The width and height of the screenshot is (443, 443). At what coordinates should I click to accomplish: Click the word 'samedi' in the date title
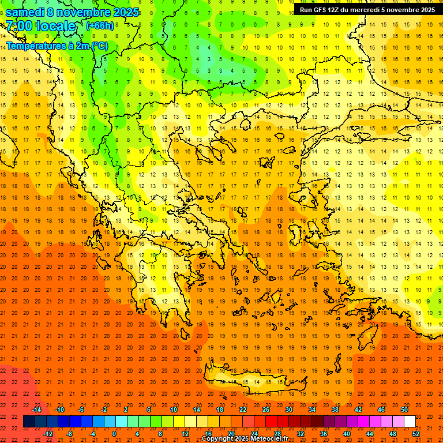click(25, 12)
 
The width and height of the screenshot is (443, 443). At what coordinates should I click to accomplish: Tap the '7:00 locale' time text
click(40, 26)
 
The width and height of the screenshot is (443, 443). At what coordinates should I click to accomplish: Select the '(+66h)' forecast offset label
click(100, 26)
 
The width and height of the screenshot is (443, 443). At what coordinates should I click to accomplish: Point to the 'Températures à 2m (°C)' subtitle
click(57, 46)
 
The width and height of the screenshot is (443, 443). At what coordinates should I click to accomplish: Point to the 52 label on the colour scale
click(416, 434)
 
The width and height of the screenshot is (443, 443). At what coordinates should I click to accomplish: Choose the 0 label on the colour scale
click(114, 434)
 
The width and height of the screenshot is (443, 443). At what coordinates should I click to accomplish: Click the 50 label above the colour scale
click(404, 410)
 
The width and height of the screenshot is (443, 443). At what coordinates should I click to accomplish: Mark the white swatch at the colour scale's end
click(410, 422)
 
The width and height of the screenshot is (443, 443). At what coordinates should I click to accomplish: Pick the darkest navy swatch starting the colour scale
click(29, 422)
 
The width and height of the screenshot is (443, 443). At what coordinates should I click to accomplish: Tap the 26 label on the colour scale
click(266, 410)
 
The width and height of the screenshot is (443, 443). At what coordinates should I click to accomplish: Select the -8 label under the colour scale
click(70, 434)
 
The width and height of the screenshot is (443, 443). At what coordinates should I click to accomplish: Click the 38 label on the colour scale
click(335, 410)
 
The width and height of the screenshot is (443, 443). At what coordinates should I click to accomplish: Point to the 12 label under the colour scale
click(185, 434)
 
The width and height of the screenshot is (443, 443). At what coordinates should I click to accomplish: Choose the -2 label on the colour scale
click(104, 410)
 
